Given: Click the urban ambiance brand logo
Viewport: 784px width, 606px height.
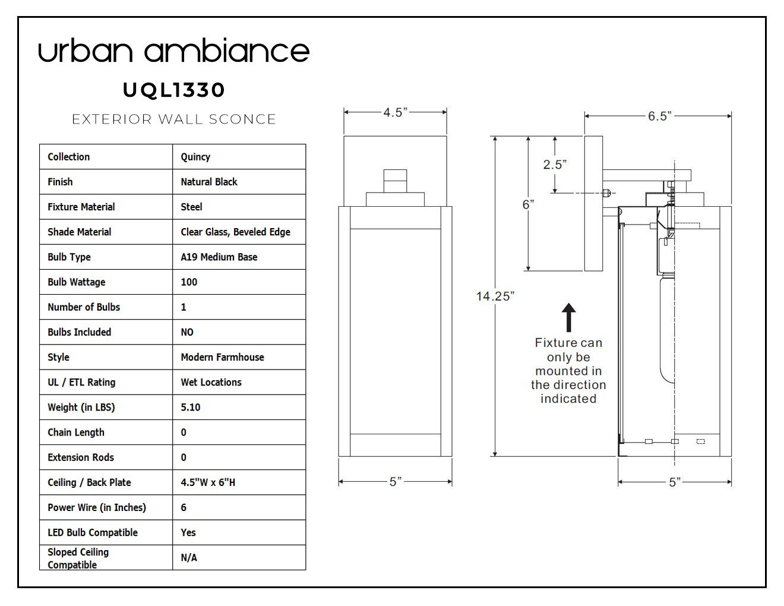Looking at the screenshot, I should [x=173, y=51].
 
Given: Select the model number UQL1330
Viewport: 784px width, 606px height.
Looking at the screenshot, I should [x=173, y=90].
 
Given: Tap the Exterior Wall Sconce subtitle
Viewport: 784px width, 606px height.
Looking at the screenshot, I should [x=173, y=119].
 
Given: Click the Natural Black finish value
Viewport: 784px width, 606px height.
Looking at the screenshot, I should [x=208, y=182].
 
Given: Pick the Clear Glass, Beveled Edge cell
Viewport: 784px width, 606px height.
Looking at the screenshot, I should [x=235, y=232].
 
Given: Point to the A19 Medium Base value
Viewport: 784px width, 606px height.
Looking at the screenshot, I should [x=219, y=257].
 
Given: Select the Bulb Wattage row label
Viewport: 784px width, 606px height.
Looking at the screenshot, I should [x=76, y=282].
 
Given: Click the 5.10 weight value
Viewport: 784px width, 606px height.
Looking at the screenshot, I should [x=190, y=407].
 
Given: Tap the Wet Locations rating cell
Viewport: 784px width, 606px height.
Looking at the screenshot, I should [x=211, y=382].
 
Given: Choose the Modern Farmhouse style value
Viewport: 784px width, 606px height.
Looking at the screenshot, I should [x=222, y=357].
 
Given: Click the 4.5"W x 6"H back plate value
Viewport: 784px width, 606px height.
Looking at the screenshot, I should [x=208, y=482].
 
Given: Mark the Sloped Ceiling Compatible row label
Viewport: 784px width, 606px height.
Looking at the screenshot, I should [x=78, y=558].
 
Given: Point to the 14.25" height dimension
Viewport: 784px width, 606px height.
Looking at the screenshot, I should [x=495, y=296].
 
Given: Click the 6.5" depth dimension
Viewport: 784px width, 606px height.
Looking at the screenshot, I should [x=657, y=116].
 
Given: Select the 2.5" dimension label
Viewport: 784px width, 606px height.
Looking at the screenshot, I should [x=555, y=165].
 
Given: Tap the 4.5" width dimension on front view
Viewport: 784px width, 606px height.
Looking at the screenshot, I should [x=395, y=112].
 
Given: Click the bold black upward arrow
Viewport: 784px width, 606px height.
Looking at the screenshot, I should [x=568, y=317].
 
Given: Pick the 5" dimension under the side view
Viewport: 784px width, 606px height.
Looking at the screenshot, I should [x=674, y=482].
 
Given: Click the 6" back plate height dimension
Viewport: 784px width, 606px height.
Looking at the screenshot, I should [x=528, y=204].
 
